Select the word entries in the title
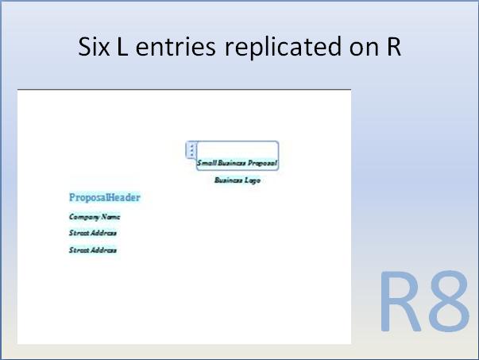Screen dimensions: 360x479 pos(177,47)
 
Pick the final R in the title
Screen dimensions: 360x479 pos(394,47)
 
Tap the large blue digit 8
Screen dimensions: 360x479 pos(449,303)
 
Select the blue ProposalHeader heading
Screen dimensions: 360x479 pos(105,198)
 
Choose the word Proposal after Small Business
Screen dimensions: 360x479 pos(262,163)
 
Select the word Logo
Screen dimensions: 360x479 pos(253,180)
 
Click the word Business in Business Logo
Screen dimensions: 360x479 pos(229,180)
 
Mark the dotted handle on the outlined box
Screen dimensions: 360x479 pos(191,149)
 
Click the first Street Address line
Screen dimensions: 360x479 pos(93,234)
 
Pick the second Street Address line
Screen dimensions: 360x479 pos(93,250)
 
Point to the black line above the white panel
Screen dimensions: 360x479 pos(183,90)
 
